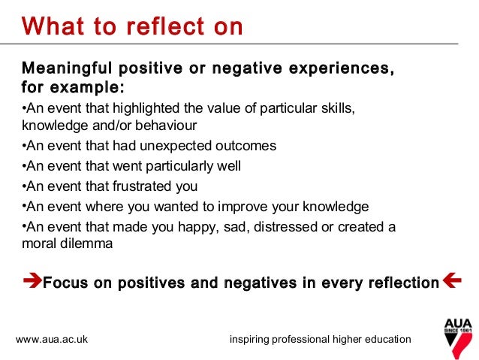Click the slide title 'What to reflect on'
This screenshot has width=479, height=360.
click(x=132, y=27)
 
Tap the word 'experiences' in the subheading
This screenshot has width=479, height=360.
click(x=339, y=69)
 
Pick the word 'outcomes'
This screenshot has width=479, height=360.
click(x=248, y=146)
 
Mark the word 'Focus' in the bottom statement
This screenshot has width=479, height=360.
click(x=65, y=283)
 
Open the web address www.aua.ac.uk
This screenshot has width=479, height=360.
click(x=52, y=340)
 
